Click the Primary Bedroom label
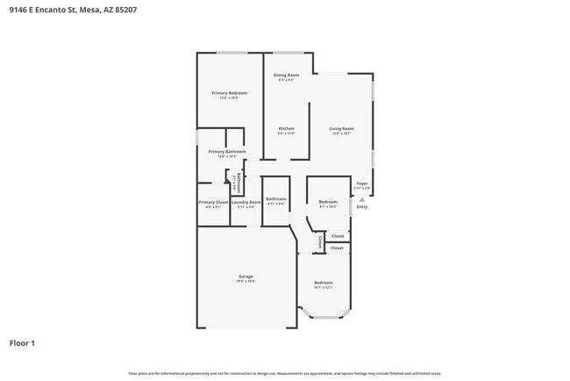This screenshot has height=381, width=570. [x=229, y=93]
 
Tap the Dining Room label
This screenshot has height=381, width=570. [x=286, y=75]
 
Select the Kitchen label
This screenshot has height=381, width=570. [x=286, y=129]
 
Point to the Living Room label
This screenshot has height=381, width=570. [x=341, y=129]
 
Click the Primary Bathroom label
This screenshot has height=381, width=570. [x=226, y=152]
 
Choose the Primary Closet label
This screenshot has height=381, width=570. [x=213, y=202]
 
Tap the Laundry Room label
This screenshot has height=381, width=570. [x=246, y=202]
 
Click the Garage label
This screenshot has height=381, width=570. [x=246, y=277]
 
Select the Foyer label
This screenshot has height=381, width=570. [x=361, y=183]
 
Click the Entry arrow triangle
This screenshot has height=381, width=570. [x=353, y=207]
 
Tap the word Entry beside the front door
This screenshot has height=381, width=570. [x=362, y=207]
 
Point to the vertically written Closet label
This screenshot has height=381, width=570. [x=321, y=240]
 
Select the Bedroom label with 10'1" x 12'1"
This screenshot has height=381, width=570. [x=324, y=283]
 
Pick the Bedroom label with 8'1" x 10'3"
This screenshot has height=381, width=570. [x=328, y=202]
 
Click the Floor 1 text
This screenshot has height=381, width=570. [x=22, y=342]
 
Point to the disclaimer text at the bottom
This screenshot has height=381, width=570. [x=284, y=373]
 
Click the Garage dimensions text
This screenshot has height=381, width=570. [x=246, y=282]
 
